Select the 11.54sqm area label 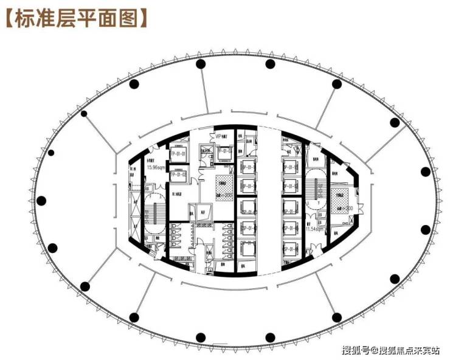[x=314, y=229]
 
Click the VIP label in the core [x=218, y=137]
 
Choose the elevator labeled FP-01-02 [x=178, y=175]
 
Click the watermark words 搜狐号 [x=355, y=350]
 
